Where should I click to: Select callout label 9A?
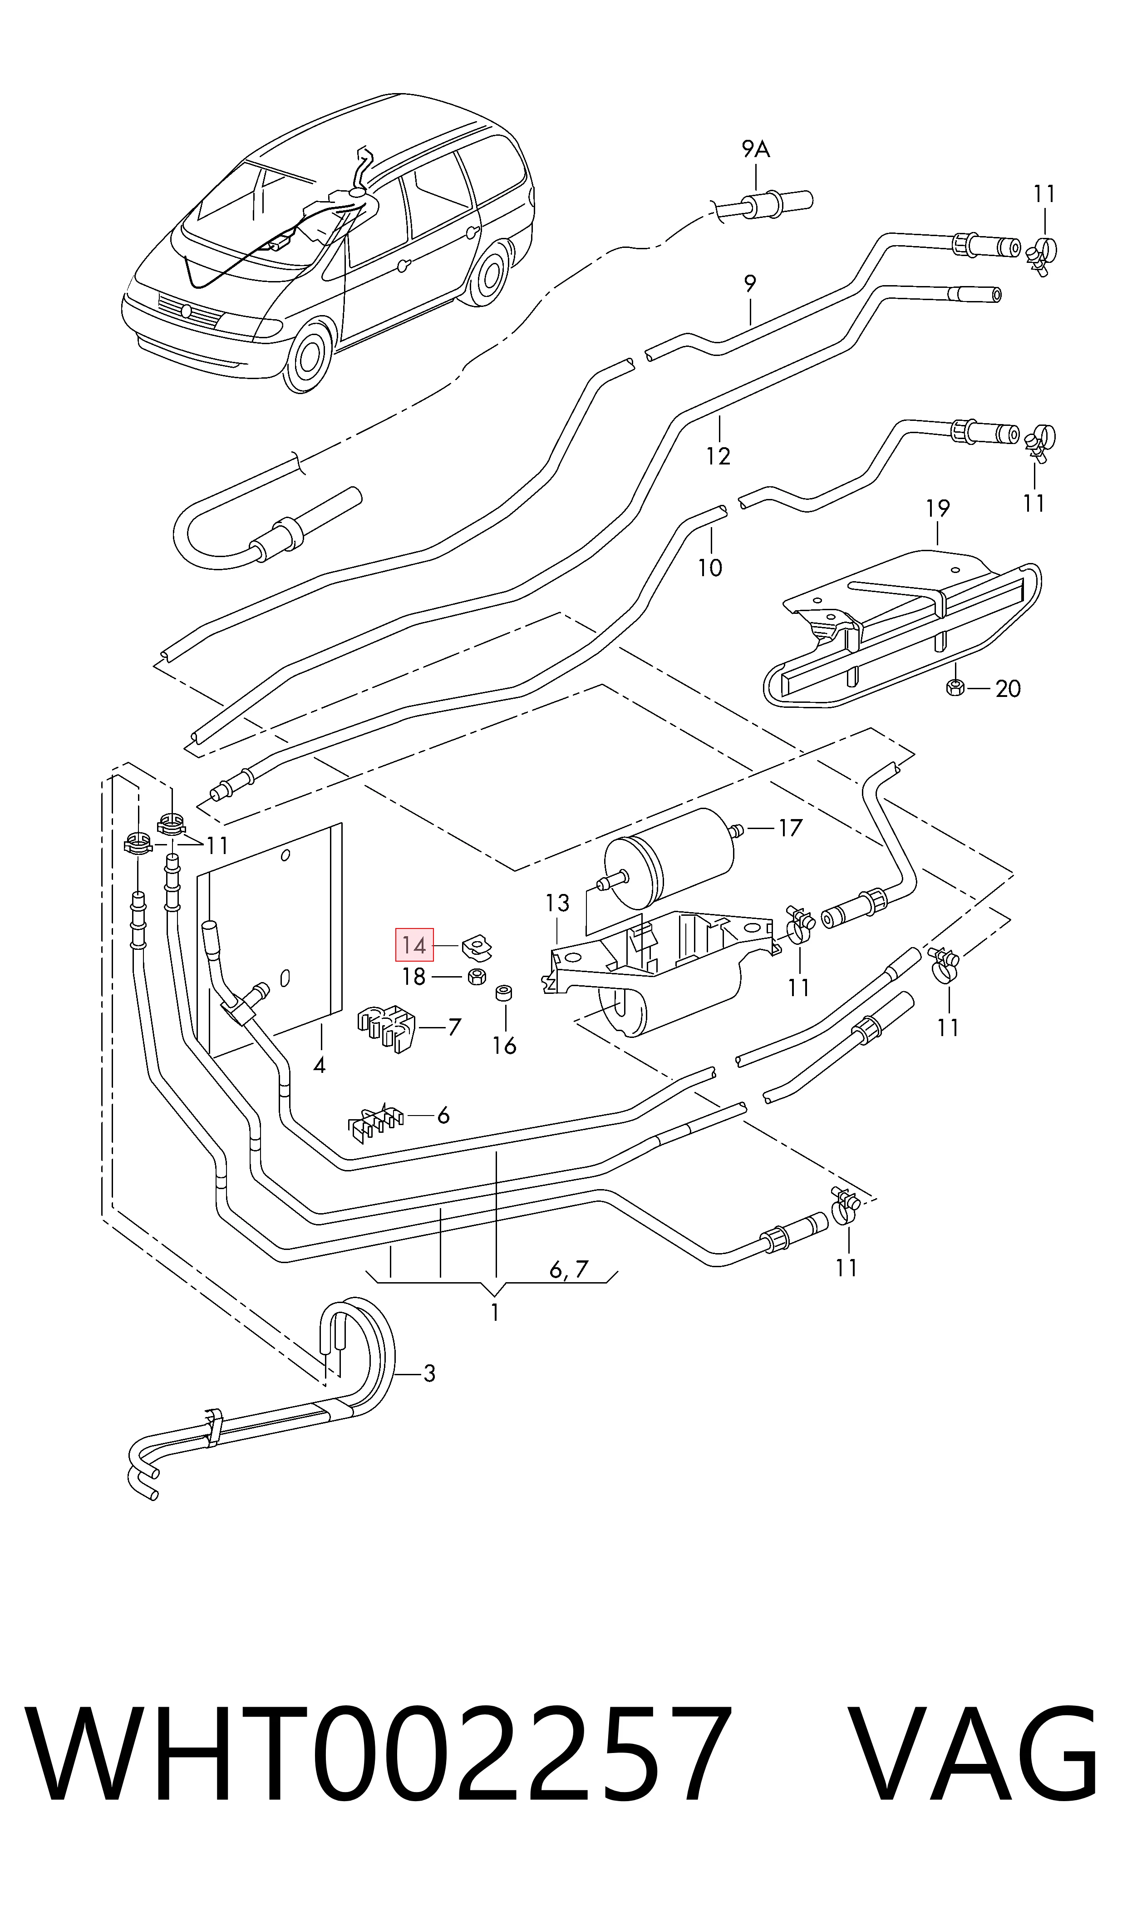pyautogui.click(x=756, y=150)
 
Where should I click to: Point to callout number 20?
pyautogui.click(x=1008, y=689)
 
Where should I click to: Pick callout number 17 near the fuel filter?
pyautogui.click(x=790, y=827)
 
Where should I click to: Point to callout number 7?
pyautogui.click(x=454, y=1027)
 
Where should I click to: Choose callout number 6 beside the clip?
pyautogui.click(x=443, y=1115)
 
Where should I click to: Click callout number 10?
pyautogui.click(x=710, y=568)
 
